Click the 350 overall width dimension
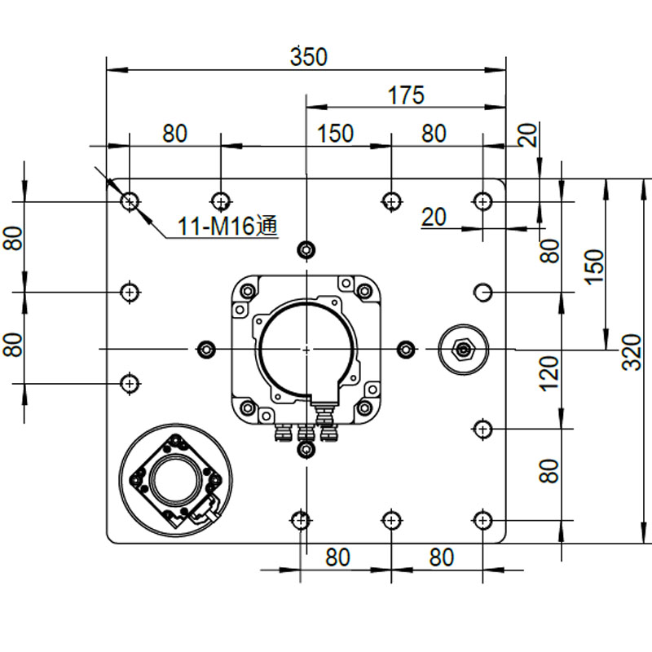point(309,57)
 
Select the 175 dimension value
point(406,95)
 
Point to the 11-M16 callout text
point(227,227)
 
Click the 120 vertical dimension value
point(548,373)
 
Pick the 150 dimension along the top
point(335,134)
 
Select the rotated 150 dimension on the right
point(594,267)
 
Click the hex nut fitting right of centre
point(463,350)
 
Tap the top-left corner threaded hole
point(130,202)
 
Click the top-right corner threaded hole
point(482,202)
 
